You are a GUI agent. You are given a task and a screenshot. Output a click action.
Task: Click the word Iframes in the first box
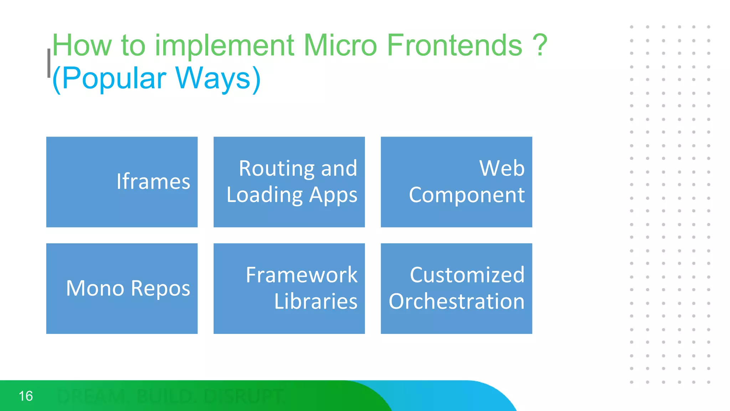click(153, 182)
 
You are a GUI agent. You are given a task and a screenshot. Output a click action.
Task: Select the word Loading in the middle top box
click(264, 195)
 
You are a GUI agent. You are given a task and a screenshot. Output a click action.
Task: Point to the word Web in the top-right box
click(502, 168)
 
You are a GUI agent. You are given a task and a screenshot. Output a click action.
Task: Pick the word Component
click(467, 195)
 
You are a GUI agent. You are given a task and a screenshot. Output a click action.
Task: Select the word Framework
click(301, 275)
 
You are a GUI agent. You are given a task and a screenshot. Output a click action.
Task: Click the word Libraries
click(315, 301)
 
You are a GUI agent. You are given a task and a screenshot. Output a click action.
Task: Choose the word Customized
click(467, 275)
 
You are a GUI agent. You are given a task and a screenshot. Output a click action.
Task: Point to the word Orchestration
click(456, 301)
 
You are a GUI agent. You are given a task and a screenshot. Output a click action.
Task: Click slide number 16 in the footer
click(26, 396)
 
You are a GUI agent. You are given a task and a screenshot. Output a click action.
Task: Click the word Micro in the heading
click(340, 45)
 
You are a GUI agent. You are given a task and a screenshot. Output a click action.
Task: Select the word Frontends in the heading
click(454, 45)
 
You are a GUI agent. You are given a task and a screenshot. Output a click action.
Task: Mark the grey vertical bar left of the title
click(49, 63)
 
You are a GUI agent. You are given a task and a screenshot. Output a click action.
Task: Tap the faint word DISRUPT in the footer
click(244, 396)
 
